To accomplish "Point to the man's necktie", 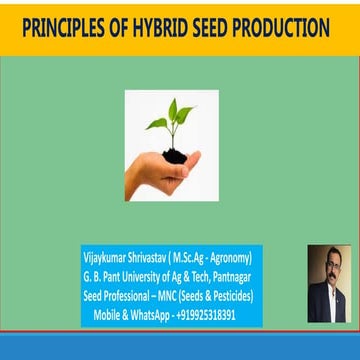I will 328,301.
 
